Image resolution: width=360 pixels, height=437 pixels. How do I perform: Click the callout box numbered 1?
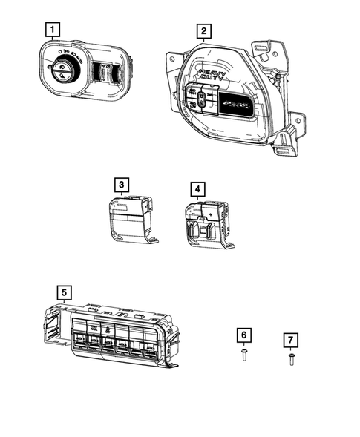click(52, 30)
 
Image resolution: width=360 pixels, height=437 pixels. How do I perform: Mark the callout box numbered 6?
click(244, 335)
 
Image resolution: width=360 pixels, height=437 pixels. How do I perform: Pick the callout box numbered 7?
click(290, 340)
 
